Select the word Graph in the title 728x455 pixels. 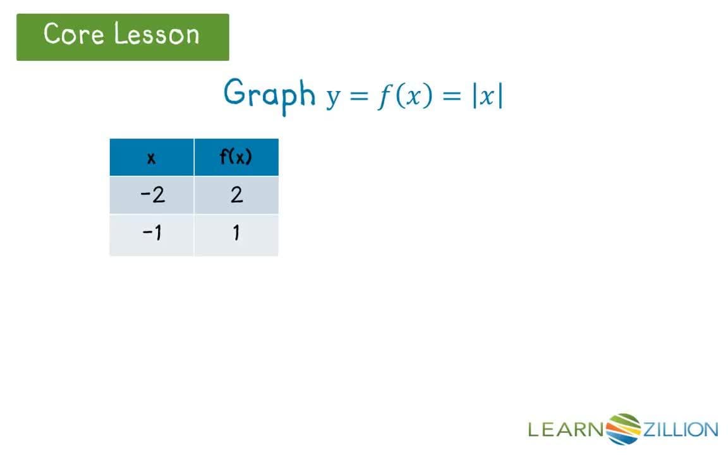[270, 94]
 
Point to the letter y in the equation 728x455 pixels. [333, 98]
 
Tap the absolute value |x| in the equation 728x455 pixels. [487, 96]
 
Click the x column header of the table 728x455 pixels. [151, 157]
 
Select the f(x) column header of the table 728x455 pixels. [236, 157]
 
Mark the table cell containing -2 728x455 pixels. [152, 195]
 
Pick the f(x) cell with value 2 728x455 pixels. [236, 195]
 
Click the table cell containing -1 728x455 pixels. [152, 234]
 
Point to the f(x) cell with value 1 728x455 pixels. [236, 234]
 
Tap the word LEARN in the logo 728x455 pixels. [566, 430]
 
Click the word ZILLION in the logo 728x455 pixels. [680, 430]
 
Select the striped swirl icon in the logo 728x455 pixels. [624, 429]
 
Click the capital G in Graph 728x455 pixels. [234, 92]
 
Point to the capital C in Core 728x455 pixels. [53, 33]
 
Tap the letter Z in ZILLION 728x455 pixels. [649, 430]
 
